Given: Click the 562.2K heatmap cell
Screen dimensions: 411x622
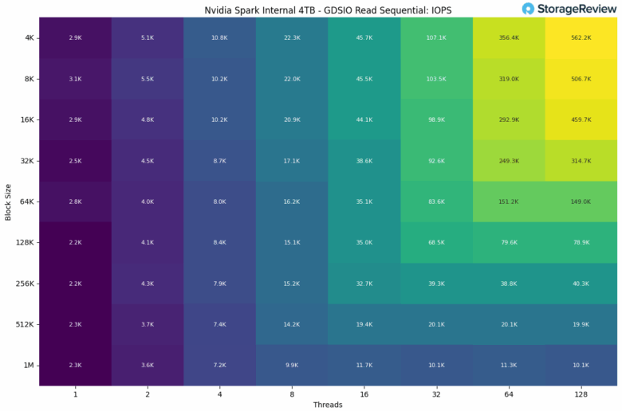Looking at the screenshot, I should [x=581, y=37].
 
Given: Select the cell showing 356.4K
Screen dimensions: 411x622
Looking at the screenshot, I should [x=509, y=37].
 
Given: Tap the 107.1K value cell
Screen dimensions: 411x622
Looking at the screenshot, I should [x=436, y=37].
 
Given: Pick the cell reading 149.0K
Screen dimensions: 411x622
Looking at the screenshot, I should [x=581, y=202].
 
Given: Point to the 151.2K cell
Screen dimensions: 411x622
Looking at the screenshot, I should [x=509, y=202].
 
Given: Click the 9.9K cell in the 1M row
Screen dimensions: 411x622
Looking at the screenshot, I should [x=292, y=365].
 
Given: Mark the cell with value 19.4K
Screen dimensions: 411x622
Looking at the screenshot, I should [x=364, y=324].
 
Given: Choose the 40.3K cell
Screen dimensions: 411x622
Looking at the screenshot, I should [x=581, y=284].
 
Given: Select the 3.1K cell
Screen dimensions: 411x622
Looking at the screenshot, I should [x=75, y=79].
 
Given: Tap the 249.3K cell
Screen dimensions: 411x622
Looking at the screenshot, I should [x=509, y=161].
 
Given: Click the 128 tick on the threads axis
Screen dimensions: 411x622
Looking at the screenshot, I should [x=581, y=393].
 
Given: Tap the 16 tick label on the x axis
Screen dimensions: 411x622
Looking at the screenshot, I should [x=364, y=393].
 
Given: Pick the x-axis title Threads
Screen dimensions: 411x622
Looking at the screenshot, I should [x=328, y=405].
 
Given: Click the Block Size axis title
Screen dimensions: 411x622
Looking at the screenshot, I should [x=8, y=202].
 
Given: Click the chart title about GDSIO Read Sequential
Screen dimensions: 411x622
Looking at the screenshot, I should [x=327, y=10].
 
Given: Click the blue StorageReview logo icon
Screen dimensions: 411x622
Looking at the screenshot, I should [x=529, y=10].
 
